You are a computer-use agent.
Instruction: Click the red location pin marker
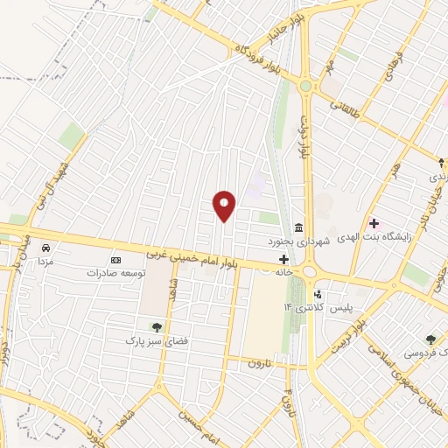point(225,206)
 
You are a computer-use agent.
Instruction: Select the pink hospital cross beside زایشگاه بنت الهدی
point(374,223)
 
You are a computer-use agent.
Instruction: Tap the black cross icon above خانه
point(283,259)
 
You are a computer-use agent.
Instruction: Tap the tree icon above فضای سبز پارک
point(157,327)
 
